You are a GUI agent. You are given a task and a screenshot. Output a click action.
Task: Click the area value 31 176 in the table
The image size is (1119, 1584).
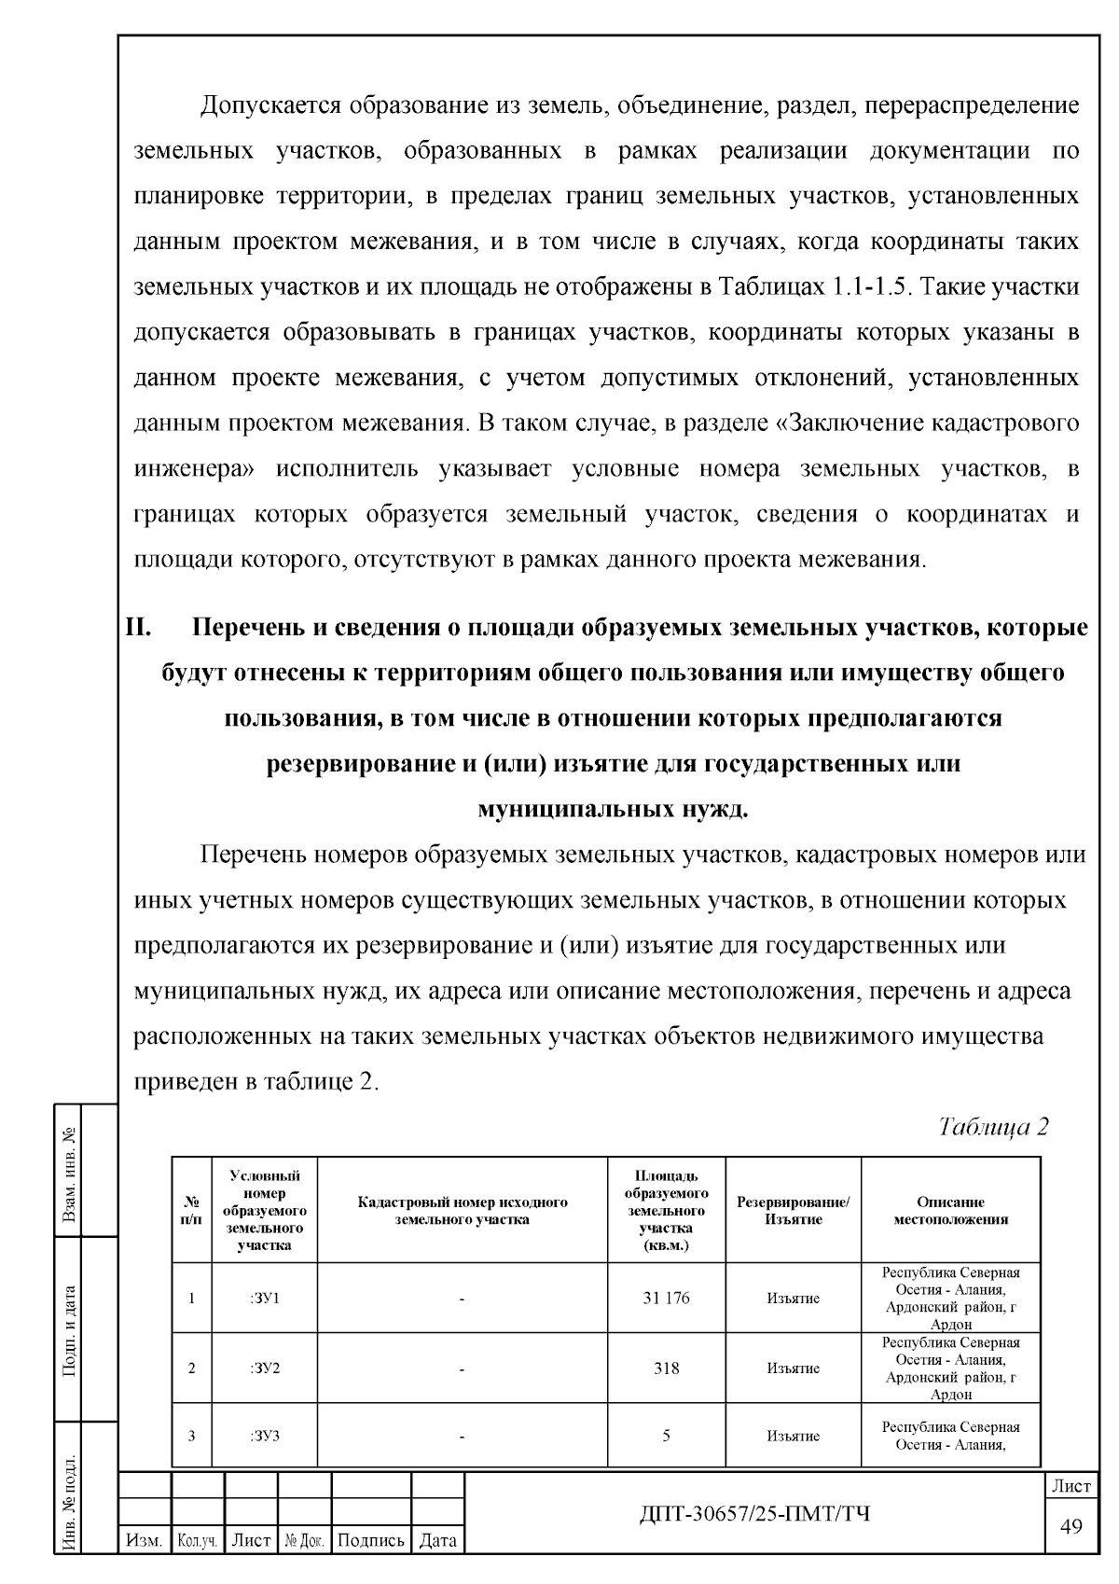pos(666,1298)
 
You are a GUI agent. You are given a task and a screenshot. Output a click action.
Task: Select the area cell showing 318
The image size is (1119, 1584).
pos(666,1369)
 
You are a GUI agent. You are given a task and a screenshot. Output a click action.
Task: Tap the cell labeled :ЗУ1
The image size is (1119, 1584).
pos(265,1298)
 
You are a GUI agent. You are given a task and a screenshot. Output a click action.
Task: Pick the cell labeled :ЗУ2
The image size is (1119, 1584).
pos(265,1369)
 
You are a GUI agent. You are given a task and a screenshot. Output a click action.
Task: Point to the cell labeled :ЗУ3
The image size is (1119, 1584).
pos(265,1436)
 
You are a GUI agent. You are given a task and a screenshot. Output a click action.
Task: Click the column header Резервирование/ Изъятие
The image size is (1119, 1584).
pos(793,1210)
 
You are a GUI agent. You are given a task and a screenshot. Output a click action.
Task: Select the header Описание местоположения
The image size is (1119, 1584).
pos(950,1210)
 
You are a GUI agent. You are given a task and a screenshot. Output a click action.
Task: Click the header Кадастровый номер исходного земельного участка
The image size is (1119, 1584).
pos(463,1210)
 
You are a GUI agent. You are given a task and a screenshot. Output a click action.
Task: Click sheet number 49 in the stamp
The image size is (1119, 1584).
pos(1071,1526)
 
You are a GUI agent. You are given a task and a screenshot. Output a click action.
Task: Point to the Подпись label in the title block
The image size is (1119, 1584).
pos(370,1540)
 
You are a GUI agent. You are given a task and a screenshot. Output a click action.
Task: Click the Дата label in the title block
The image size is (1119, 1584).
pos(437,1540)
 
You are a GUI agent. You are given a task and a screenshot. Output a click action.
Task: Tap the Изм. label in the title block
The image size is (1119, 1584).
pos(145,1540)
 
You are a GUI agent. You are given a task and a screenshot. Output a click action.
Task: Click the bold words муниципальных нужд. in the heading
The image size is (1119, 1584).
pos(613,809)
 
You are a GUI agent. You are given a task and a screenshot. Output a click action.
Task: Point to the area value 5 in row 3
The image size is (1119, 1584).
pos(666,1436)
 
